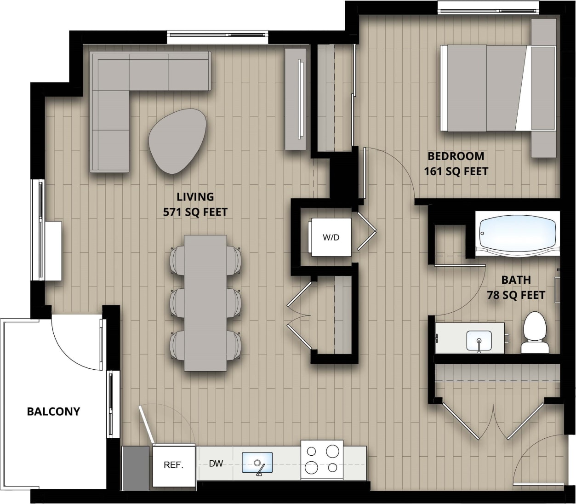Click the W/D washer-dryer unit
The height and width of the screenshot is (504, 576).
[331, 237]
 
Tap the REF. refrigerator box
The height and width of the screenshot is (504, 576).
[173, 465]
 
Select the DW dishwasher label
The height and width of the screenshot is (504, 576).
[216, 464]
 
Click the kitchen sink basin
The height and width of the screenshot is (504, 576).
[257, 463]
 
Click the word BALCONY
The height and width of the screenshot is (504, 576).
[53, 411]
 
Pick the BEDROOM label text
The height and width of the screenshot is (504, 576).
[456, 156]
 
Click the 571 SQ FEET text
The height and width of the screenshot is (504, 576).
[195, 212]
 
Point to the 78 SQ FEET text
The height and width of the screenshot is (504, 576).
[516, 295]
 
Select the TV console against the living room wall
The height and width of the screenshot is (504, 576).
[296, 99]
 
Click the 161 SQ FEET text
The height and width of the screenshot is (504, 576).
[456, 171]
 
